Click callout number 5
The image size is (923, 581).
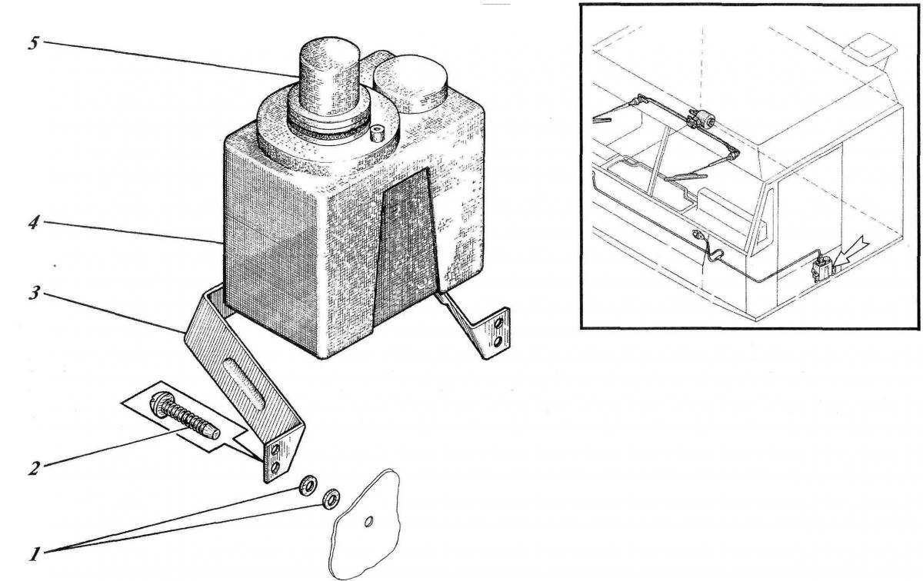click(34, 44)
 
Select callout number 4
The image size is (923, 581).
click(34, 224)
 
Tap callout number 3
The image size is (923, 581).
click(34, 294)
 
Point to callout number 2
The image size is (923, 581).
click(34, 468)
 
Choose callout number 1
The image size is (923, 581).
click(35, 554)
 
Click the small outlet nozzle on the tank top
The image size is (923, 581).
click(377, 134)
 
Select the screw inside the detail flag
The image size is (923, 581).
click(184, 417)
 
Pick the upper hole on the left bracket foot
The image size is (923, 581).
click(275, 449)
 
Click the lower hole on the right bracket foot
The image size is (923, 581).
click(498, 341)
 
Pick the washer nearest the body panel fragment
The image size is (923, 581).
click(332, 499)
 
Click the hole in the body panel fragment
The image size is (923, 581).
click(368, 522)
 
